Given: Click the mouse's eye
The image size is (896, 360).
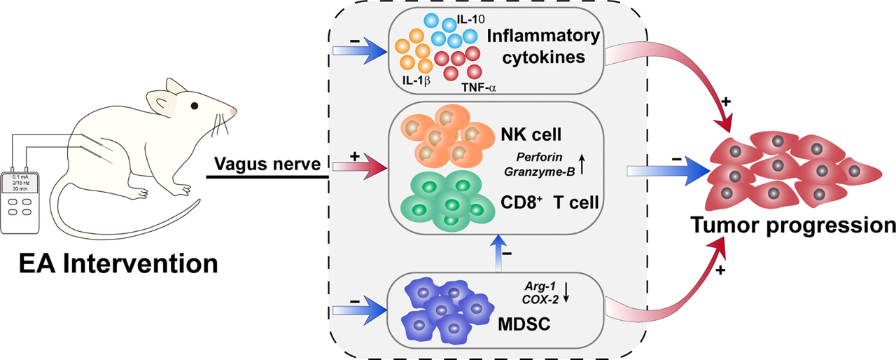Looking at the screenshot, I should pos(193,106).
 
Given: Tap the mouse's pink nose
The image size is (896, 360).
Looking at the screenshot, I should pos(232,111).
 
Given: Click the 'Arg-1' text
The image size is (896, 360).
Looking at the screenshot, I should pos(540,285).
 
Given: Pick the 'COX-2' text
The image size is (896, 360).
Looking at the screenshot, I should pos(540,298).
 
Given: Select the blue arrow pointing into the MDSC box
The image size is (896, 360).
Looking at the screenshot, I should pos(358,307).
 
